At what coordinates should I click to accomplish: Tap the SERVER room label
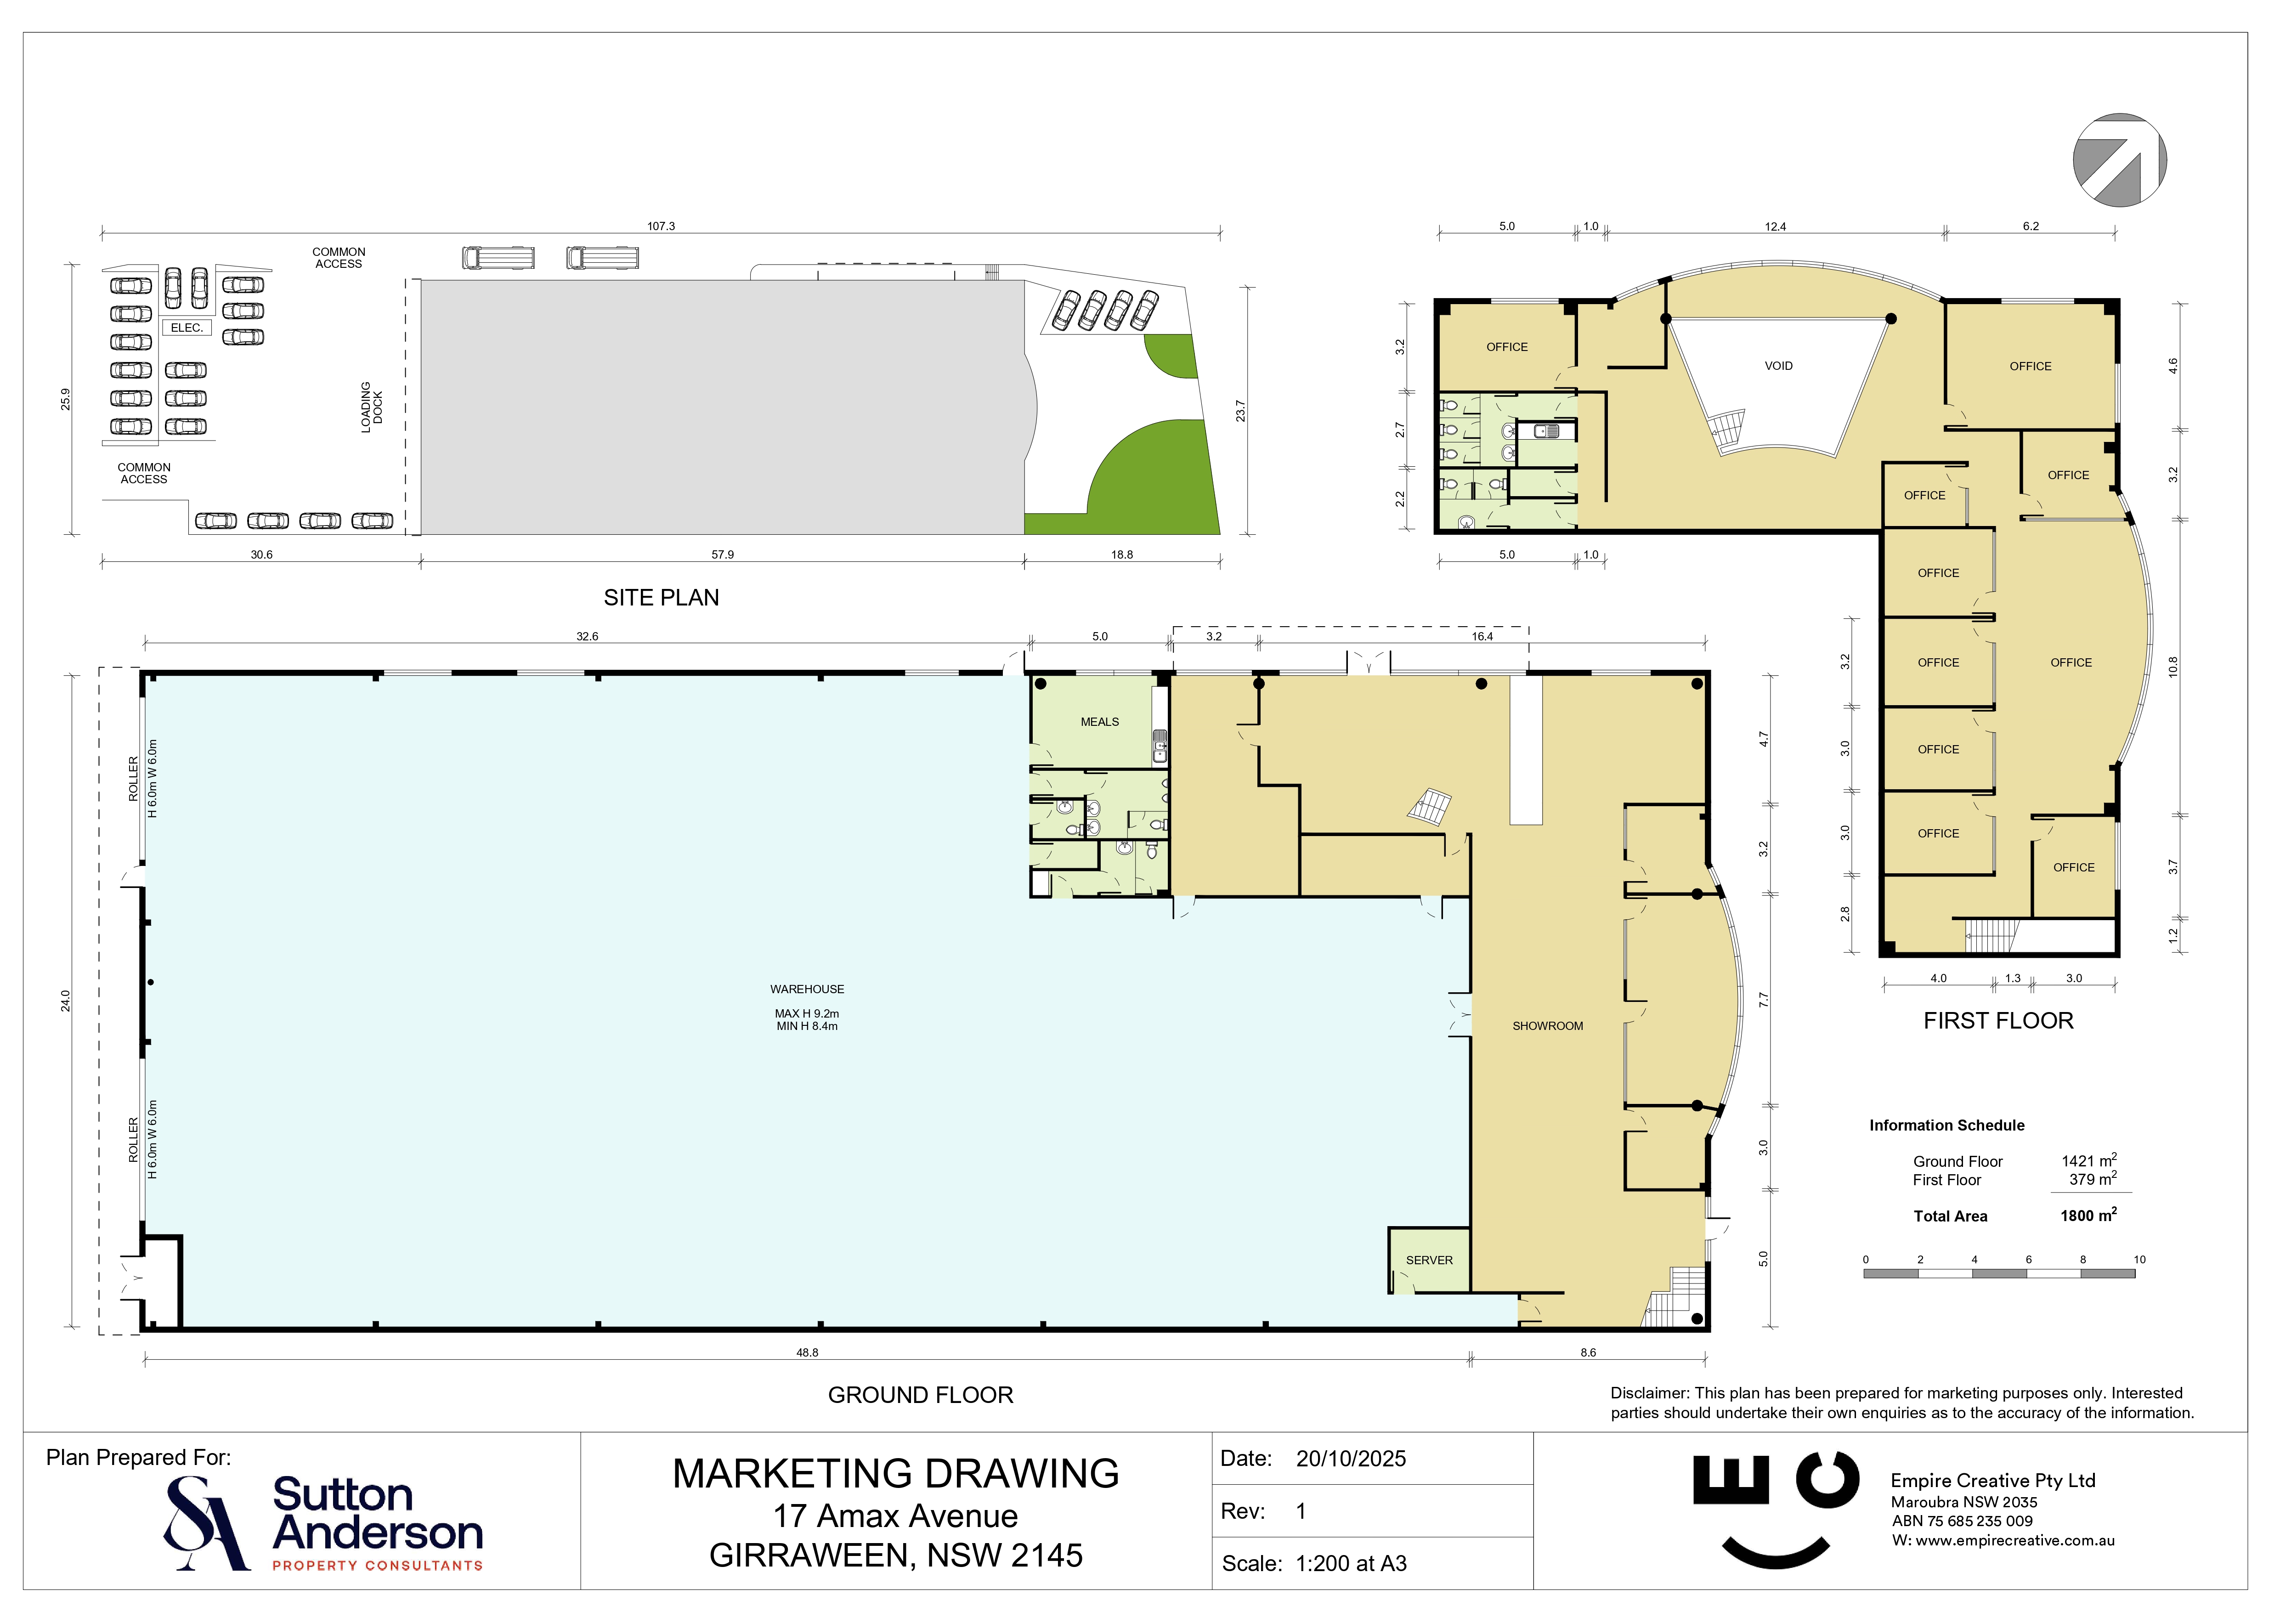click(1429, 1261)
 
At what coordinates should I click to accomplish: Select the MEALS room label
click(1099, 722)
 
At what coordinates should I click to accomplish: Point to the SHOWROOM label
click(1547, 1026)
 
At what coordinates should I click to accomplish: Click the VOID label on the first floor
click(1778, 366)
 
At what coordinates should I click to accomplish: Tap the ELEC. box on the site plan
click(187, 328)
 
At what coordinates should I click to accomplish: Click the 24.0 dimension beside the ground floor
click(66, 1001)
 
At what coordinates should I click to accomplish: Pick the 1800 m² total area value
click(2088, 1215)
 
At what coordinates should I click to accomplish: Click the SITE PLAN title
click(662, 598)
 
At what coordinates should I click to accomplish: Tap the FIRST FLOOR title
click(1998, 1021)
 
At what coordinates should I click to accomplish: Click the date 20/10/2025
click(1351, 1459)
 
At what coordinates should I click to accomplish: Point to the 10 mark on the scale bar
click(2139, 1259)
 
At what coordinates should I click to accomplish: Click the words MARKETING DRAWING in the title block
click(896, 1474)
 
